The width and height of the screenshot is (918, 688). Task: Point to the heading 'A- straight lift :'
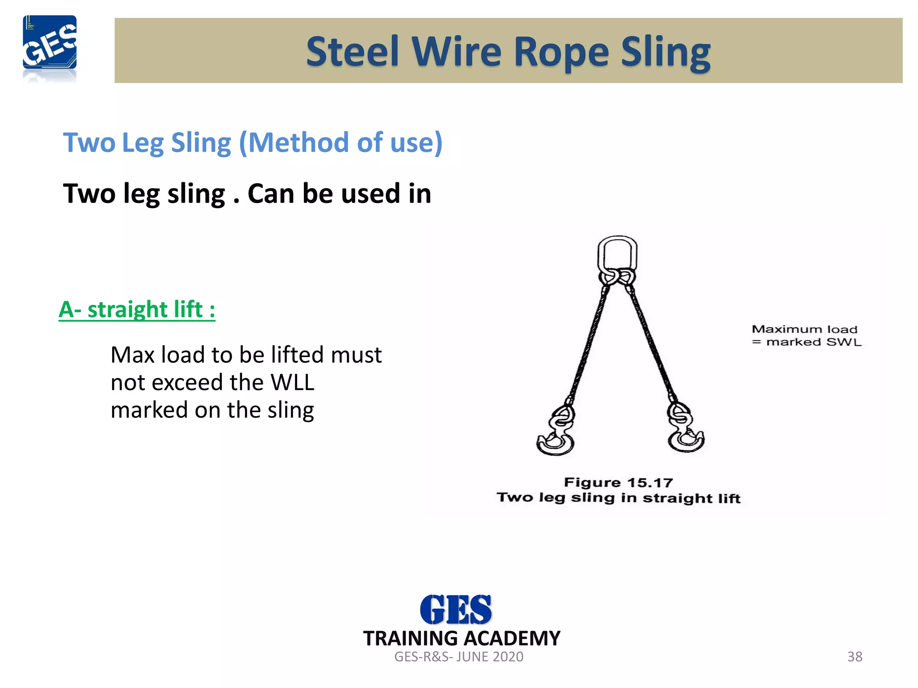137,310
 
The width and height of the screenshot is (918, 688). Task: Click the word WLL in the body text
292,383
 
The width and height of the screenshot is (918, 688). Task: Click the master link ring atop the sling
617,255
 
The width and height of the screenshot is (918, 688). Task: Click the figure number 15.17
650,483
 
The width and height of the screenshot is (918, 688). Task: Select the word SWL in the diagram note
844,342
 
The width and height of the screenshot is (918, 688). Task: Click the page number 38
854,657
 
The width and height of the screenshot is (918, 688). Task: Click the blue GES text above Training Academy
455,610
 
